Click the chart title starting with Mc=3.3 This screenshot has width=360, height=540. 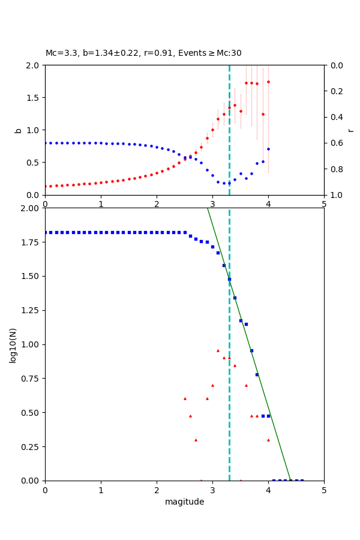click(x=143, y=53)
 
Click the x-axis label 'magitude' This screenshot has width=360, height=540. click(x=184, y=502)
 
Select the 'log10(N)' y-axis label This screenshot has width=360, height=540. click(x=13, y=344)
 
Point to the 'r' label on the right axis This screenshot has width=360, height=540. click(x=350, y=130)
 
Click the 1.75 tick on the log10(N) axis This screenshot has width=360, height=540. click(x=31, y=242)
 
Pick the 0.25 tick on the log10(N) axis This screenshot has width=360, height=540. click(x=31, y=447)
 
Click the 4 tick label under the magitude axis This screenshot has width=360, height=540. click(x=268, y=490)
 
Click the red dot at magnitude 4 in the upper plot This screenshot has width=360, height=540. click(x=268, y=82)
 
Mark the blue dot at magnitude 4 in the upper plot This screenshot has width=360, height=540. click(x=268, y=149)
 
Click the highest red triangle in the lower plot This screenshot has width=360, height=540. click(x=218, y=350)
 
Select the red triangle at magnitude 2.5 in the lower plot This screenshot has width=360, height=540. click(x=185, y=398)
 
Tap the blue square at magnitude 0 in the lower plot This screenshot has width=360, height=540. click(x=46, y=232)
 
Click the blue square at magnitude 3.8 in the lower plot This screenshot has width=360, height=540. click(x=257, y=374)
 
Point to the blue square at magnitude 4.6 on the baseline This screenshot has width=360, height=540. click(x=302, y=481)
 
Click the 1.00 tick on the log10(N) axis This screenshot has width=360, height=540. click(x=31, y=344)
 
